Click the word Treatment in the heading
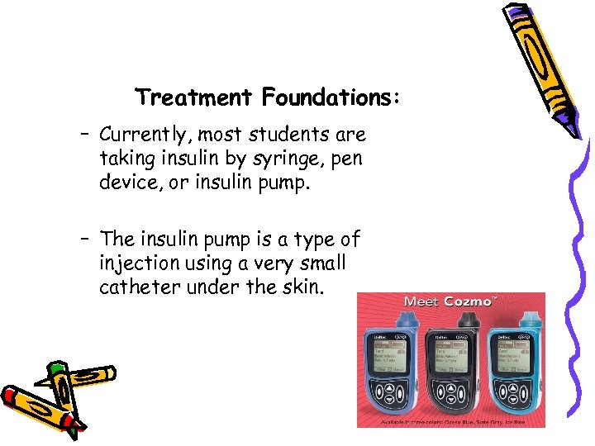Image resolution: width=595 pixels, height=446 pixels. tap(193, 98)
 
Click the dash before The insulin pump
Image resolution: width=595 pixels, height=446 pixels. tap(85, 240)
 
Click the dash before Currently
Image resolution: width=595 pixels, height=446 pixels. tap(85, 135)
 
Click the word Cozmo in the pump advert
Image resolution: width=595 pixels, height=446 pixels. tap(469, 301)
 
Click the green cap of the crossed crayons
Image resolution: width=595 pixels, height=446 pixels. tap(55, 369)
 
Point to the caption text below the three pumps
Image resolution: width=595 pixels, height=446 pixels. tap(450, 421)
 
